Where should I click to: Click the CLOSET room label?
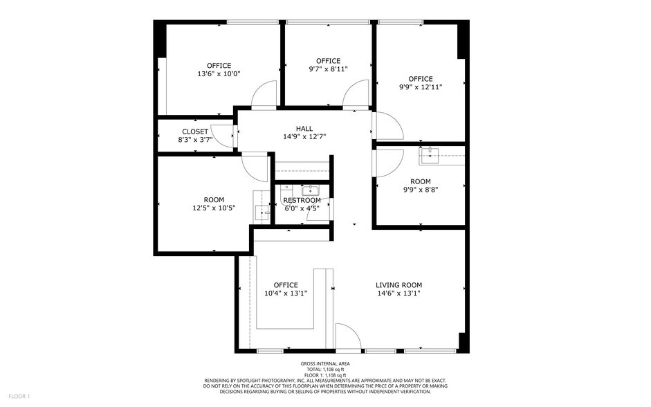(x=195, y=131)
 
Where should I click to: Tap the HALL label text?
(x=304, y=128)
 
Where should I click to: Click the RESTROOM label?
(x=302, y=200)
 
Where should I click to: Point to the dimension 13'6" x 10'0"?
(x=219, y=73)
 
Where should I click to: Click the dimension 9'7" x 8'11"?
(x=328, y=69)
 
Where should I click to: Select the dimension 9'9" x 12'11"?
(x=420, y=87)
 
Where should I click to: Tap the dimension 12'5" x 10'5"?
(x=214, y=208)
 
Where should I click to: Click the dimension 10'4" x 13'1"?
(x=285, y=293)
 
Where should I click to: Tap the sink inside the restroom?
(x=309, y=190)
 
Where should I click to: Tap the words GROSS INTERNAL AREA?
(x=325, y=363)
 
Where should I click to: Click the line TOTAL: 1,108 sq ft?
(x=325, y=370)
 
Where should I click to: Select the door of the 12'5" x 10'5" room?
(x=256, y=166)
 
